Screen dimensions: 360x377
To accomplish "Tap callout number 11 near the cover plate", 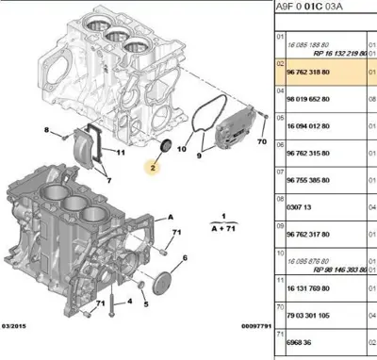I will [x=121, y=152].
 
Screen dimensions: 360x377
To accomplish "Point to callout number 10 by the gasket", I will [x=181, y=148].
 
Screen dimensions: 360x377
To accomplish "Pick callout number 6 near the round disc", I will [x=184, y=257].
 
